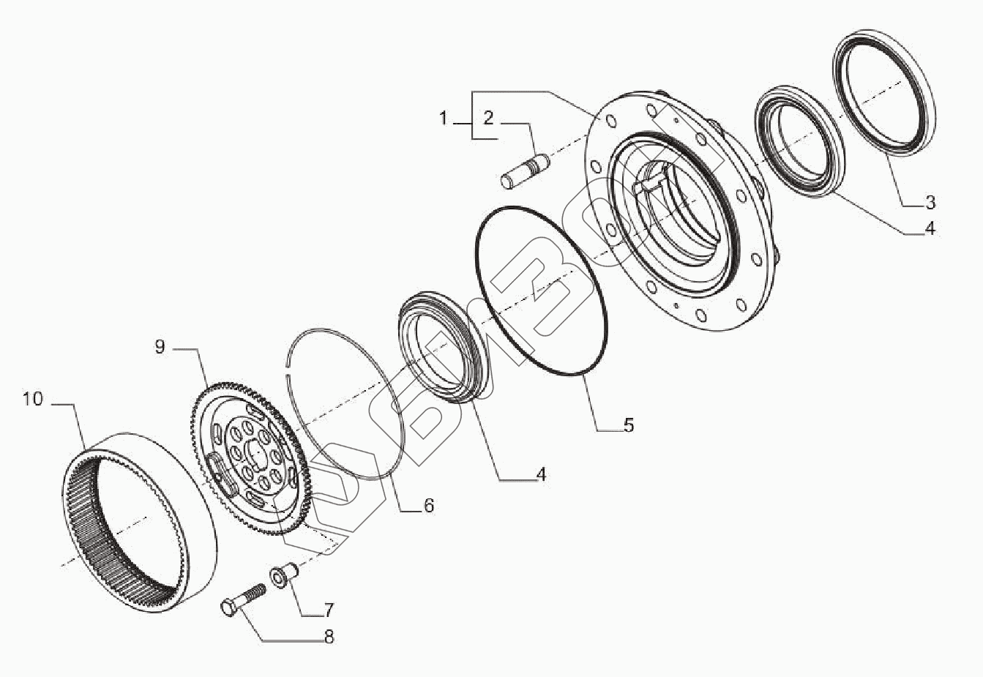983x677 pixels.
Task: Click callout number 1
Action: tap(443, 118)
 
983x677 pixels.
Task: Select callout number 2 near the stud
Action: tap(487, 118)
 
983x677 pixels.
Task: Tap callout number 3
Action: tap(929, 203)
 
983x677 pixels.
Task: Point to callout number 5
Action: tap(628, 424)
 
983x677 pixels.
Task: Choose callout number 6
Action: tap(429, 505)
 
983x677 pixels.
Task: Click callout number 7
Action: tap(329, 610)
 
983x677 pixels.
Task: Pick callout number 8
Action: tap(329, 637)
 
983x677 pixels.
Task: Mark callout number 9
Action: tap(160, 347)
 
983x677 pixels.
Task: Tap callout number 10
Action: tap(33, 400)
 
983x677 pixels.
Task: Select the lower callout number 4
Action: tap(541, 474)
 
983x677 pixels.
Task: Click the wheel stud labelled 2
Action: tap(526, 169)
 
